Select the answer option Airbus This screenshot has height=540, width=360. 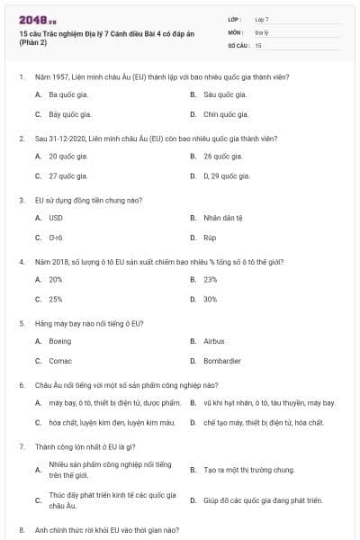coord(213,341)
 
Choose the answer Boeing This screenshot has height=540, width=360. coord(59,341)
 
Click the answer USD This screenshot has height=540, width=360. coord(56,218)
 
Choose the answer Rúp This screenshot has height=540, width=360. coord(210,238)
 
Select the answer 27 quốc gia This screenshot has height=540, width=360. coord(67,175)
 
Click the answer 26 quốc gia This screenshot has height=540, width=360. coord(222,156)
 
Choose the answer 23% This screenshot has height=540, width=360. coord(211,279)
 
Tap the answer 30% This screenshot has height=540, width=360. coord(211,299)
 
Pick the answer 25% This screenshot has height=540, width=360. coord(56,299)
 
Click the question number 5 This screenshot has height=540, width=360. coord(21,322)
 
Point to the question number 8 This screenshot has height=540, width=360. coord(21,530)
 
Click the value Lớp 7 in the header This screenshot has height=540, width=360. coord(262,19)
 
